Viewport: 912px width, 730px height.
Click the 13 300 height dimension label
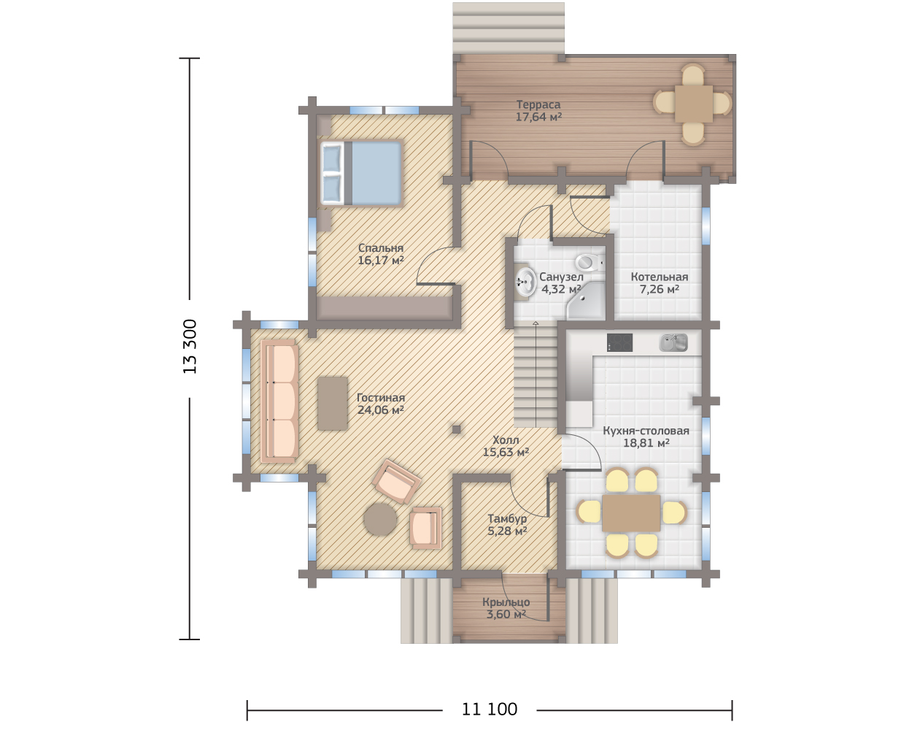point(190,347)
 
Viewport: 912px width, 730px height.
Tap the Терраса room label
point(538,104)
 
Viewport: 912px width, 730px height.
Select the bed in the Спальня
point(360,173)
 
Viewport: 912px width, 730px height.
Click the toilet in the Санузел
point(590,262)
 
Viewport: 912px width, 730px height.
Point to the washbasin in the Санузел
point(524,281)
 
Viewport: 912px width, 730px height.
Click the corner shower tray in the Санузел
point(585,301)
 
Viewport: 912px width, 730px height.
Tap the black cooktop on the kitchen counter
point(619,342)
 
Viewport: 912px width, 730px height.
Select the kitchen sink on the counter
point(673,342)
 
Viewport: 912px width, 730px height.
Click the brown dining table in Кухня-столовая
point(631,512)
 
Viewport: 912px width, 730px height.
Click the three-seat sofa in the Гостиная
point(279,401)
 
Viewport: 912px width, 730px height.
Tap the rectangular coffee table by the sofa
point(333,404)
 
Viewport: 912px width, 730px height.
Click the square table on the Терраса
point(694,104)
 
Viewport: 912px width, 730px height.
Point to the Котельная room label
point(659,277)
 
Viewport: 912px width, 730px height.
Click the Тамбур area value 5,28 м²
point(507,531)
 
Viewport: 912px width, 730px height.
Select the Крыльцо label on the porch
point(506,602)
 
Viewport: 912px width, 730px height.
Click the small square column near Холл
point(456,429)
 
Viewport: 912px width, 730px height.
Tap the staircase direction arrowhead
point(536,323)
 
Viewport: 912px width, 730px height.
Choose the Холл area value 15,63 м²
point(506,452)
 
